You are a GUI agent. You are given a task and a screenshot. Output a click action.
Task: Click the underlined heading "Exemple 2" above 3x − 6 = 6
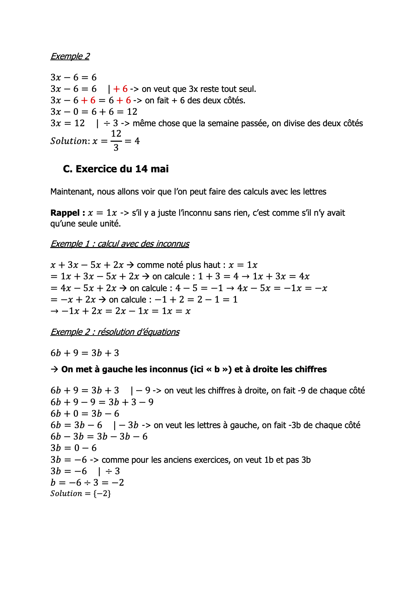pyautogui.click(x=70, y=56)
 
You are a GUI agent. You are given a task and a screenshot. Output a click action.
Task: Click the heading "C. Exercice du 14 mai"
pyautogui.click(x=116, y=169)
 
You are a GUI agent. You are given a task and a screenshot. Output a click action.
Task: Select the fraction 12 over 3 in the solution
pyautogui.click(x=116, y=141)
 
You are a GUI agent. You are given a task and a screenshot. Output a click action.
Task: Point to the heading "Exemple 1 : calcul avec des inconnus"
pyautogui.click(x=120, y=244)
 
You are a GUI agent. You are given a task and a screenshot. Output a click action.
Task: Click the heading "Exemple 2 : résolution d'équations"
pyautogui.click(x=115, y=332)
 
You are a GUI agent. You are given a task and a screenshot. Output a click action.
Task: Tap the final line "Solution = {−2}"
pyautogui.click(x=81, y=494)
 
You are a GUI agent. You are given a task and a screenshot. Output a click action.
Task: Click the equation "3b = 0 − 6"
pyautogui.click(x=73, y=448)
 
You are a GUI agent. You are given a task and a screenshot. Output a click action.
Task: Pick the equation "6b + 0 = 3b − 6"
pyautogui.click(x=85, y=414)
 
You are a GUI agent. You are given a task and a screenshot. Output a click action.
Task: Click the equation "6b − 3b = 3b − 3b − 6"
pyautogui.click(x=99, y=437)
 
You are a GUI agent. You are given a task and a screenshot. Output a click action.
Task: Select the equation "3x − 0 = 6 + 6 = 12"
pyautogui.click(x=94, y=112)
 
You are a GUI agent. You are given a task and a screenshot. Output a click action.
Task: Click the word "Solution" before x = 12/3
pyautogui.click(x=69, y=141)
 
